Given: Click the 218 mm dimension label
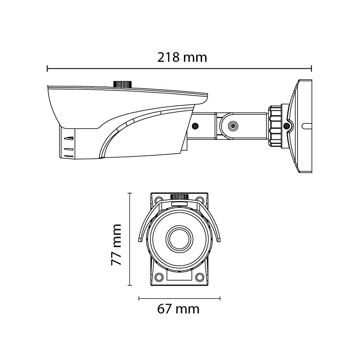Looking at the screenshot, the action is [x=182, y=57].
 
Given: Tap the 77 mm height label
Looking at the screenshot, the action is [x=116, y=245].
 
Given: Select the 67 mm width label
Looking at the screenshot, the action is [x=178, y=309].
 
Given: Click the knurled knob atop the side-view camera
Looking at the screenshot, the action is [x=123, y=84].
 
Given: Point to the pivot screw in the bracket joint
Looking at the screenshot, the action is [x=233, y=126].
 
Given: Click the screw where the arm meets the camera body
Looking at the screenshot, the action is [x=195, y=126].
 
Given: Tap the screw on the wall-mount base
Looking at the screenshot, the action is [x=287, y=126].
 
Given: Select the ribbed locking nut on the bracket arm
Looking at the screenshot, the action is [x=275, y=126].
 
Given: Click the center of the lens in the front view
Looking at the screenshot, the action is [x=180, y=239].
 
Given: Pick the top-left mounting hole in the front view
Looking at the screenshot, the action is [x=158, y=199].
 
